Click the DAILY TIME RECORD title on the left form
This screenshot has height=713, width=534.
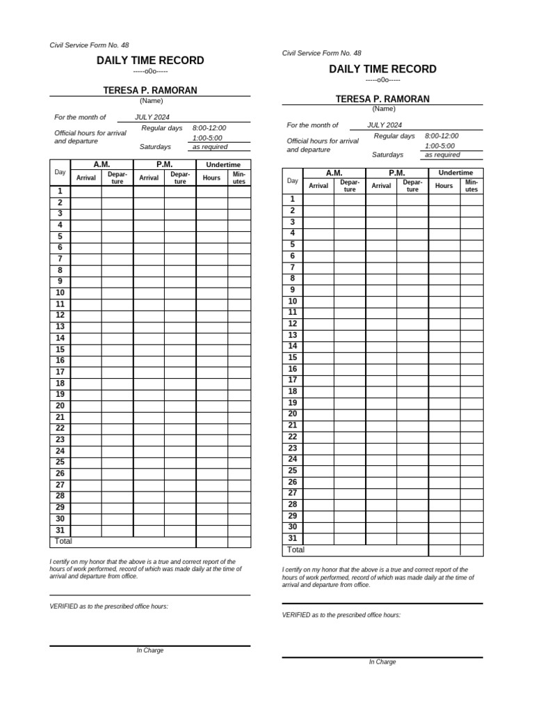(150, 61)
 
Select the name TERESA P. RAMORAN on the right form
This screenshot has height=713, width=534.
(382, 99)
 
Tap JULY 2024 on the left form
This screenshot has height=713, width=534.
(152, 118)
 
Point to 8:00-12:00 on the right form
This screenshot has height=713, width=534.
(442, 136)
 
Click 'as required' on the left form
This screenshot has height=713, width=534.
(210, 147)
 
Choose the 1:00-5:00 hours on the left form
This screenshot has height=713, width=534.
(207, 138)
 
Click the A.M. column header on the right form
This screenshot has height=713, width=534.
(334, 173)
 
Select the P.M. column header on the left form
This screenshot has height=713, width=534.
(165, 164)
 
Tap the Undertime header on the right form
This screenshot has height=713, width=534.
(455, 173)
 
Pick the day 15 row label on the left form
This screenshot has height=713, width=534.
(60, 350)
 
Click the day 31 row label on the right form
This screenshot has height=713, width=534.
(293, 538)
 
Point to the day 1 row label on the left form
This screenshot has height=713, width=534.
(60, 191)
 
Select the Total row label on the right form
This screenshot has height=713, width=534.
(296, 550)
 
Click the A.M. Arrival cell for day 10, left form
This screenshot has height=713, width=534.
(86, 293)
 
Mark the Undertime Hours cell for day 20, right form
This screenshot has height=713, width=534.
(444, 414)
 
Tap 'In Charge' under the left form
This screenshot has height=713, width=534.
(150, 650)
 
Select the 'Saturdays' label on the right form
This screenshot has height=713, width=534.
(387, 155)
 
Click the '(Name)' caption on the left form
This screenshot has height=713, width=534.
(151, 100)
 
